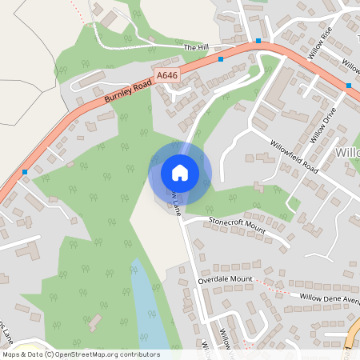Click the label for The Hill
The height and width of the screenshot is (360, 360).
[195, 48]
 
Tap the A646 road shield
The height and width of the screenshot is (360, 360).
[166, 74]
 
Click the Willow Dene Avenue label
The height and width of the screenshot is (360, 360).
[329, 297]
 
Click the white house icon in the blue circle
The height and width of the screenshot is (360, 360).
[180, 172]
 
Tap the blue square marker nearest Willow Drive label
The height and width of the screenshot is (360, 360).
[349, 85]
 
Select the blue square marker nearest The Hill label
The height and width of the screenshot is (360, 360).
[221, 58]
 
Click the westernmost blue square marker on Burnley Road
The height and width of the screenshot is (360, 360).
[26, 172]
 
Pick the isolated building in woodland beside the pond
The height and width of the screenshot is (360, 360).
[94, 322]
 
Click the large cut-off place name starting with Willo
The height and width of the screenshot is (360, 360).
[347, 152]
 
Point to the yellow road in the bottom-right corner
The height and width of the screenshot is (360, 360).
[353, 340]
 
